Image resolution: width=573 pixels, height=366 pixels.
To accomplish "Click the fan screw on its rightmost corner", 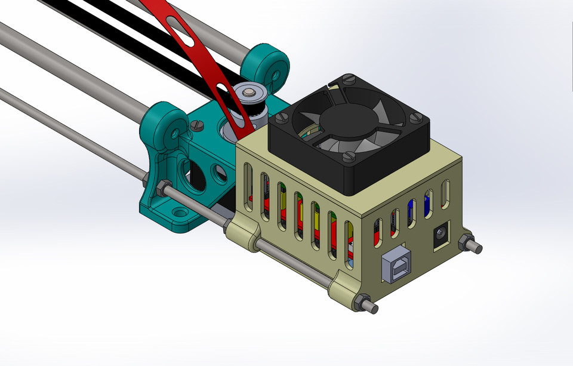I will (x=417, y=117).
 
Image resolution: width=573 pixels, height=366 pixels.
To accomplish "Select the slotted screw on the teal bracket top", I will (x=199, y=126).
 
